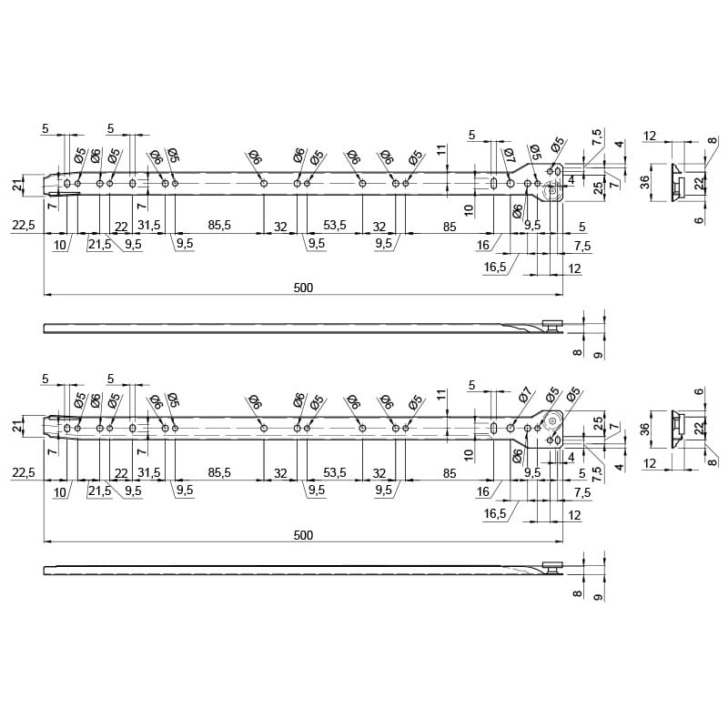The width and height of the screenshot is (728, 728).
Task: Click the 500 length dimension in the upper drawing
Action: (303, 288)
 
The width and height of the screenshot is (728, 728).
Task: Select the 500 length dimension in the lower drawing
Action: (303, 535)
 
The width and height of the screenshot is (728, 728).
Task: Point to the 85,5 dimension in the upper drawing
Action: (219, 225)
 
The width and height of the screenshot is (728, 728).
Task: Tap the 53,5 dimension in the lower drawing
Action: (335, 472)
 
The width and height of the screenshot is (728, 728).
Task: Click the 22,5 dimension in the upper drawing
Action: (24, 225)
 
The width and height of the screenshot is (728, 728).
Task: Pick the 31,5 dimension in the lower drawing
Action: (149, 472)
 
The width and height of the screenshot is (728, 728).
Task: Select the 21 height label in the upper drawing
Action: (17, 186)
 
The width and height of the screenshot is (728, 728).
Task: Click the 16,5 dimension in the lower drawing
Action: (495, 513)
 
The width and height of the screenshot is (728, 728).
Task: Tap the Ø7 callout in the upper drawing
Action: (508, 155)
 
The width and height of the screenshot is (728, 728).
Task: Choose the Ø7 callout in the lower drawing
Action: (525, 395)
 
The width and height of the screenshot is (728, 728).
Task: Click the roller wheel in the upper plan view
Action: (552, 190)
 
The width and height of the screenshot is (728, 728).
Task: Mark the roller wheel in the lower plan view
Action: (552, 420)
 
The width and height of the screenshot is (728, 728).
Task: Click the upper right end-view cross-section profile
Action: (678, 183)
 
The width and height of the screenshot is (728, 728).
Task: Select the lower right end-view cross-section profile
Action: (678, 429)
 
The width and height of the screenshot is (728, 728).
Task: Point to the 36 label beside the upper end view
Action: (645, 183)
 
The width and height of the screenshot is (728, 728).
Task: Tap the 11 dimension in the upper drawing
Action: (441, 149)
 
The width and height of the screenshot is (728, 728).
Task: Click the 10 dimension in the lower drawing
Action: (469, 454)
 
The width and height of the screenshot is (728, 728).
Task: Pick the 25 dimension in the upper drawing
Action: (599, 187)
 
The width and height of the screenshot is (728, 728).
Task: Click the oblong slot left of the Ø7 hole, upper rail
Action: (493, 183)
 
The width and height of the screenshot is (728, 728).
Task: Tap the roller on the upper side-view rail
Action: (553, 325)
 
